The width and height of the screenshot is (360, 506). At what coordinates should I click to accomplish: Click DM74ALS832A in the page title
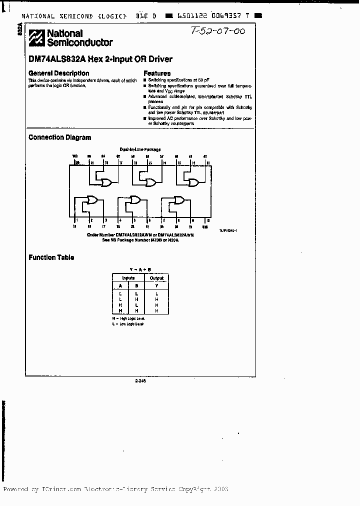click(x=57, y=59)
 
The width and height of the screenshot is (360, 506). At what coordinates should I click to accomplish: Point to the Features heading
click(x=157, y=73)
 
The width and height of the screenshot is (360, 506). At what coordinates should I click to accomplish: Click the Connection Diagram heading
click(x=59, y=137)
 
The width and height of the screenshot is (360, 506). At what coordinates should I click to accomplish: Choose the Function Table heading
click(x=51, y=257)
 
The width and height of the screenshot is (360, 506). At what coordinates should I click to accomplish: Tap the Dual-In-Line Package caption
click(x=139, y=149)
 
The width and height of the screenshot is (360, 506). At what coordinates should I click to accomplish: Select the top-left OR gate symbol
click(x=106, y=183)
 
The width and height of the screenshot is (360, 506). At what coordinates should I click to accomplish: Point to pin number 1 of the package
click(x=76, y=220)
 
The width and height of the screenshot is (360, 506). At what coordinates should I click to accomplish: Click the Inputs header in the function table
click(x=128, y=278)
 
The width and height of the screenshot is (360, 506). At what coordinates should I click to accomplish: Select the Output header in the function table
click(x=156, y=278)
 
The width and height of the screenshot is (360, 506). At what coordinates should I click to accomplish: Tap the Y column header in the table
click(x=156, y=286)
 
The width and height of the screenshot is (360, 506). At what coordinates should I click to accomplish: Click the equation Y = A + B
click(x=139, y=269)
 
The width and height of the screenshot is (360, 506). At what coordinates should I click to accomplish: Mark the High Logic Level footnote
click(x=128, y=318)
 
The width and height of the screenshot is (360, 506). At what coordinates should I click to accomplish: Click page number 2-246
click(x=140, y=380)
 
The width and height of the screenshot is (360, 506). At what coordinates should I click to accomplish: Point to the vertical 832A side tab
click(x=20, y=29)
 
